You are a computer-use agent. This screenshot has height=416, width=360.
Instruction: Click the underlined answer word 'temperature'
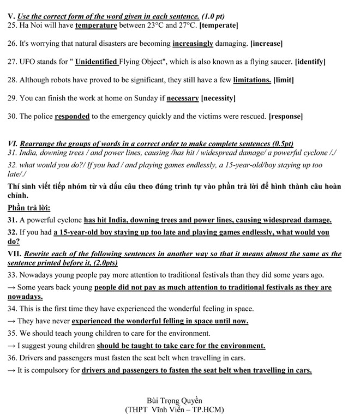(x=96, y=25)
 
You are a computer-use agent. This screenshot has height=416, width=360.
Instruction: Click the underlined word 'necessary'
(x=182, y=98)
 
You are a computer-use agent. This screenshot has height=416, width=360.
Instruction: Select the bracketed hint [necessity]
(x=218, y=98)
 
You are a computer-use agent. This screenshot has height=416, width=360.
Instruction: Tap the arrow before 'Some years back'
(x=11, y=287)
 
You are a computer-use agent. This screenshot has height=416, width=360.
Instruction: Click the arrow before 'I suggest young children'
(x=11, y=346)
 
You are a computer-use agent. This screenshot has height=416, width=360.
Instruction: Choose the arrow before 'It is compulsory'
(x=11, y=371)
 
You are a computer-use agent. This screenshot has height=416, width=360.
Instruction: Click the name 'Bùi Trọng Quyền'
(x=178, y=400)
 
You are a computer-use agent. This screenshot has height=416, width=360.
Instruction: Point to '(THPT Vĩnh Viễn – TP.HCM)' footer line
(x=178, y=409)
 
